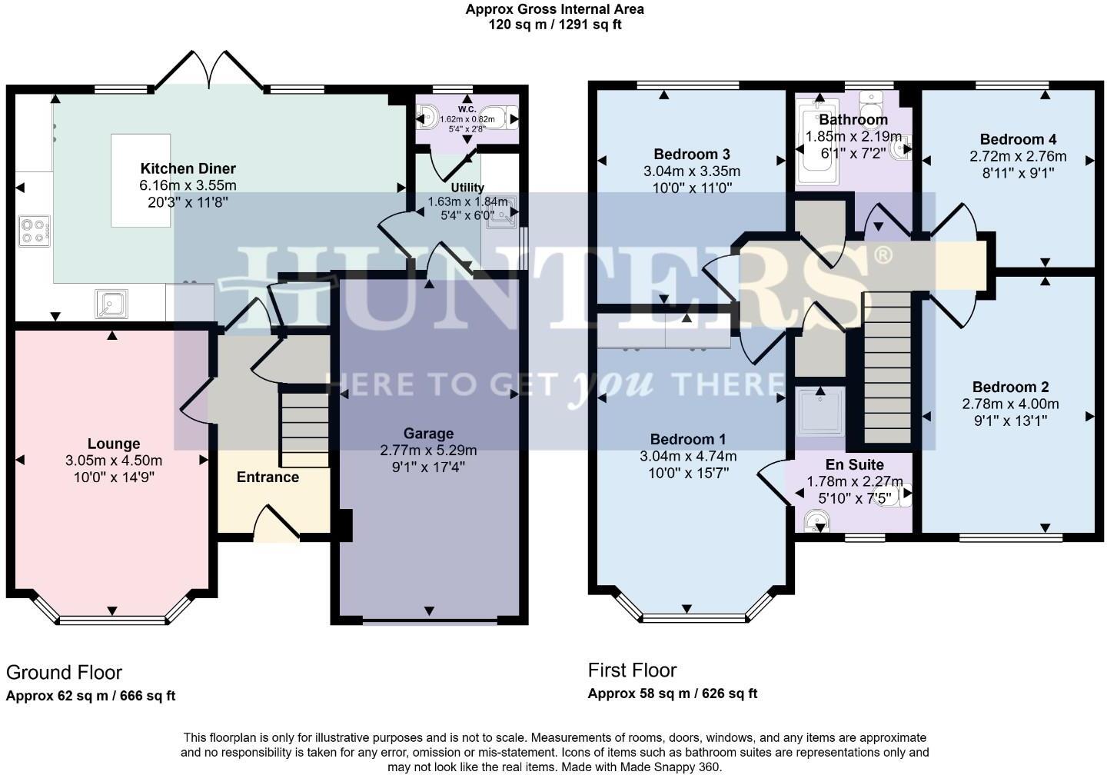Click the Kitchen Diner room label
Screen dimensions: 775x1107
click(188, 168)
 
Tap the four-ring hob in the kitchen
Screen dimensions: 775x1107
click(35, 231)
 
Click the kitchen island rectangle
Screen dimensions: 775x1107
click(141, 181)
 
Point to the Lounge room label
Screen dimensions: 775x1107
click(114, 444)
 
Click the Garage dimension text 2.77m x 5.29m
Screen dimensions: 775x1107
click(428, 450)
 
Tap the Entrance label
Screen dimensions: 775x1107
click(268, 477)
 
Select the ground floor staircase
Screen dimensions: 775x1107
click(304, 429)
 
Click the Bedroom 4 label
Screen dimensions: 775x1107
click(1018, 139)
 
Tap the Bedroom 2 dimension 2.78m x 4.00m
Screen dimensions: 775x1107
click(1010, 404)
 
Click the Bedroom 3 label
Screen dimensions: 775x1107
click(691, 154)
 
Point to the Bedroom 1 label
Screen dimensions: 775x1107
click(688, 439)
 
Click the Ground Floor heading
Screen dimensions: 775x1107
click(64, 673)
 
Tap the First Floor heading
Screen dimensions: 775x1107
click(632, 670)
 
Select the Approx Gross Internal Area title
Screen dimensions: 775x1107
click(554, 9)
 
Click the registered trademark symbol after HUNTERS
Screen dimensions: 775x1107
click(883, 254)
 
